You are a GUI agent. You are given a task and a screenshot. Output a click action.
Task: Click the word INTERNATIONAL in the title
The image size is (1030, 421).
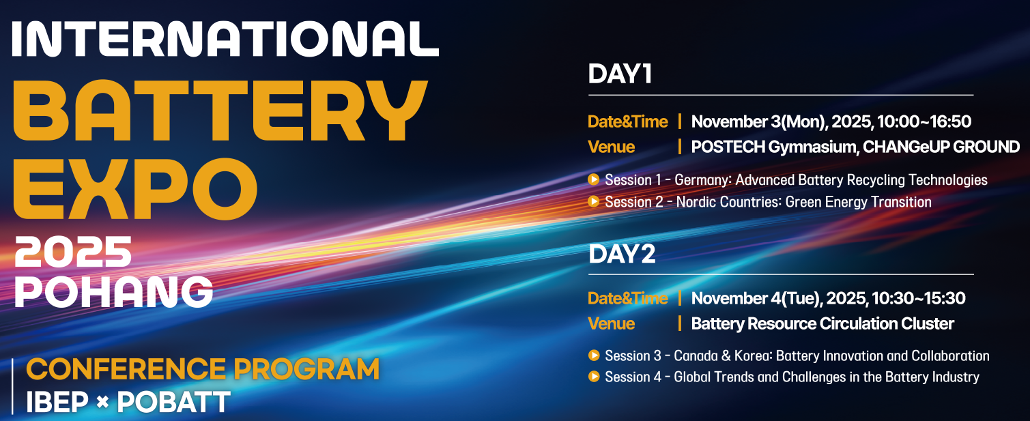point(225,39)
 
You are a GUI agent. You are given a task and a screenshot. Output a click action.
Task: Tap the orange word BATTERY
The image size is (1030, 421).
point(220,111)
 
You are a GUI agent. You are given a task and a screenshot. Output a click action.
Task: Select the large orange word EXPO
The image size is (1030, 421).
point(134,189)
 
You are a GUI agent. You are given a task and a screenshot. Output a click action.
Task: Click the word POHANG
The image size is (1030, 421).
point(114,292)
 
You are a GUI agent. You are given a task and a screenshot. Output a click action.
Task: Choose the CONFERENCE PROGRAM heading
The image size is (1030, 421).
point(203,369)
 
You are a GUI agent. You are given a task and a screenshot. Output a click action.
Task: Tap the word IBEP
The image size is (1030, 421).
point(57,402)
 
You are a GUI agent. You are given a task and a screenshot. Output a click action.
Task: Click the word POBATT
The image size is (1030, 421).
point(173,402)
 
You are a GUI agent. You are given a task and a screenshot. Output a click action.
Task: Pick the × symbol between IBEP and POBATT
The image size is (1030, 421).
point(102,403)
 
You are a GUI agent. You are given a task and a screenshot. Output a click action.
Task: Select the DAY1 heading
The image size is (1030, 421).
point(620,74)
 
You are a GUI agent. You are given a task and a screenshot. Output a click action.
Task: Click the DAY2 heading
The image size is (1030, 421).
point(622,254)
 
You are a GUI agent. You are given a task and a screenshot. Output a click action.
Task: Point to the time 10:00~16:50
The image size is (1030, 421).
point(924,121)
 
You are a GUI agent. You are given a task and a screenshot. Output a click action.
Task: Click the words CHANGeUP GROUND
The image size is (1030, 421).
point(941,147)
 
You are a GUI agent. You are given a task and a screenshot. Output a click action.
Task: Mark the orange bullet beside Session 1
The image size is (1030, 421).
point(594,179)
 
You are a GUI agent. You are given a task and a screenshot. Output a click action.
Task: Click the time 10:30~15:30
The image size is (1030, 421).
point(918,298)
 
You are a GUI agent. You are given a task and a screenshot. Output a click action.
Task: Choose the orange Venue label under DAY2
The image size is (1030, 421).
point(611,323)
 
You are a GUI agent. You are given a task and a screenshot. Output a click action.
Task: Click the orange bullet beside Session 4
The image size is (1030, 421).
point(594,377)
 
